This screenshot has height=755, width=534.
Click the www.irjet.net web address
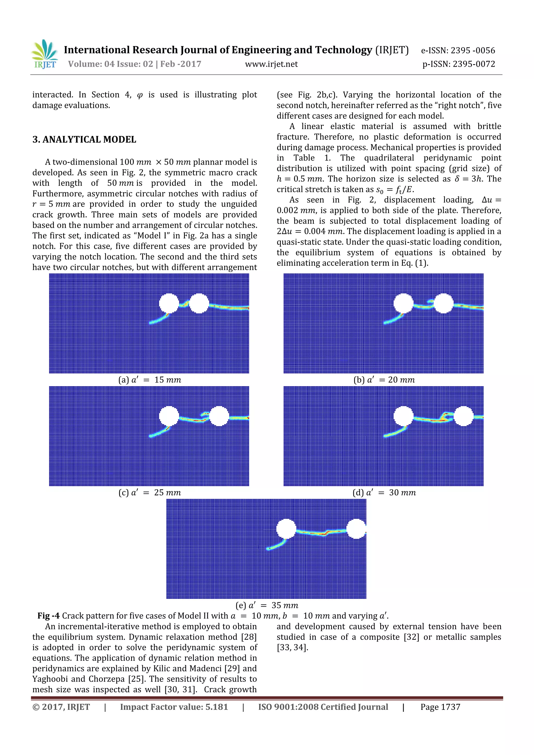[x=271, y=64]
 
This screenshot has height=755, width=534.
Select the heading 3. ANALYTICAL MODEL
[x=84, y=140]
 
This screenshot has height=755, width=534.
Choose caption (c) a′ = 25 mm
[x=150, y=493]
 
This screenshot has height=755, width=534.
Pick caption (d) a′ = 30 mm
[x=384, y=493]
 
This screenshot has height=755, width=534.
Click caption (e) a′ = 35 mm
[x=267, y=605]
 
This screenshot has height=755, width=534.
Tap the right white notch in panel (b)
[x=444, y=303]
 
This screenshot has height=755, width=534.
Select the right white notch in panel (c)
[x=219, y=416]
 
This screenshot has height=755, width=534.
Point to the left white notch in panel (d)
[x=403, y=416]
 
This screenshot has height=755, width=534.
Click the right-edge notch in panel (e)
[x=357, y=529]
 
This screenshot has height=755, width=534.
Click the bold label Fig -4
[x=48, y=616]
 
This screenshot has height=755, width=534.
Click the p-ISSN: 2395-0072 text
[x=459, y=64]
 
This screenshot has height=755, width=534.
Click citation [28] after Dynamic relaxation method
[x=249, y=637]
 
